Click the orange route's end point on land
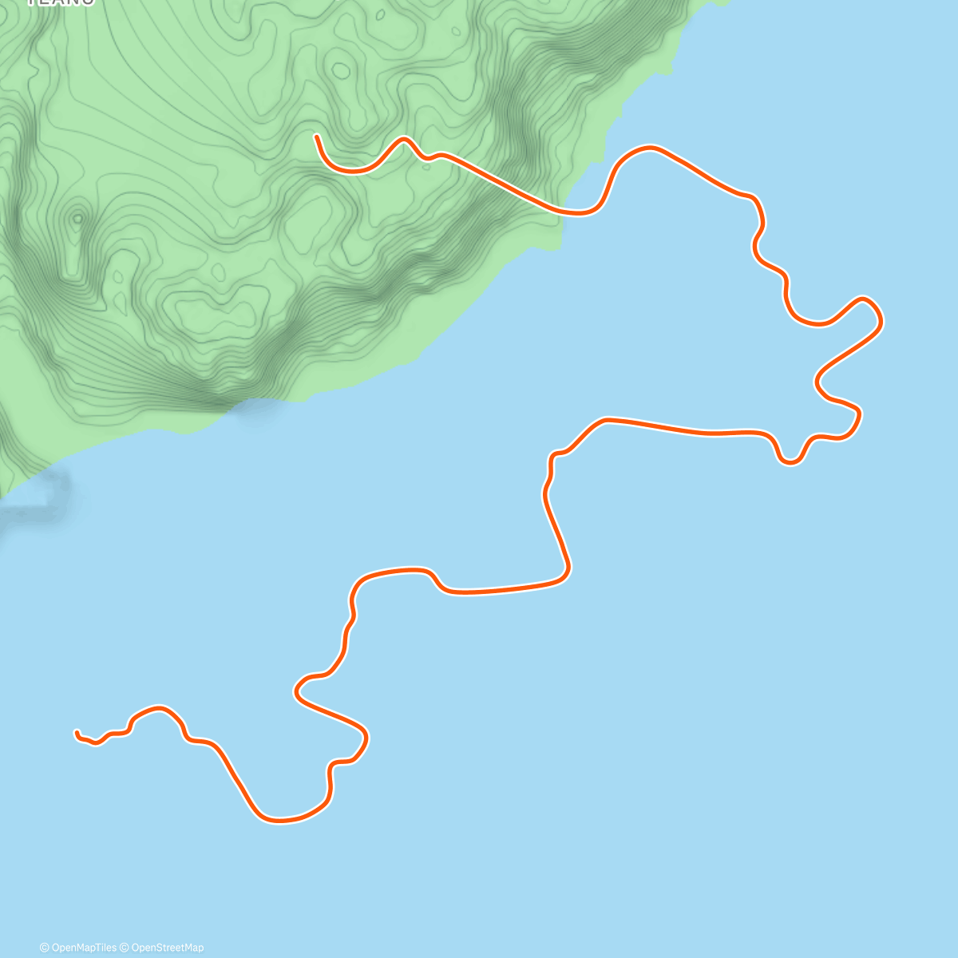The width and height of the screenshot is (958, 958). coord(317,137)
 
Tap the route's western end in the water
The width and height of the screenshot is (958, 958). coord(77,732)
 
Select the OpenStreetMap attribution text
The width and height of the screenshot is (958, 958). coord(168,948)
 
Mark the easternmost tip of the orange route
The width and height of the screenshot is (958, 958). coord(881,321)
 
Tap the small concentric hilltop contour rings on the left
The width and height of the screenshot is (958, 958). coord(77,217)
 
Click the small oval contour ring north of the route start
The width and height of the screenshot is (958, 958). coord(341,71)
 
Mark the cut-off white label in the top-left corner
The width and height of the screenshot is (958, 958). coord(61,2)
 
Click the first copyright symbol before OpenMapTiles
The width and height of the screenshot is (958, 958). coord(44,948)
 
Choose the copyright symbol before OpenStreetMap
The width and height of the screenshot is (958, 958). coord(126,948)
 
